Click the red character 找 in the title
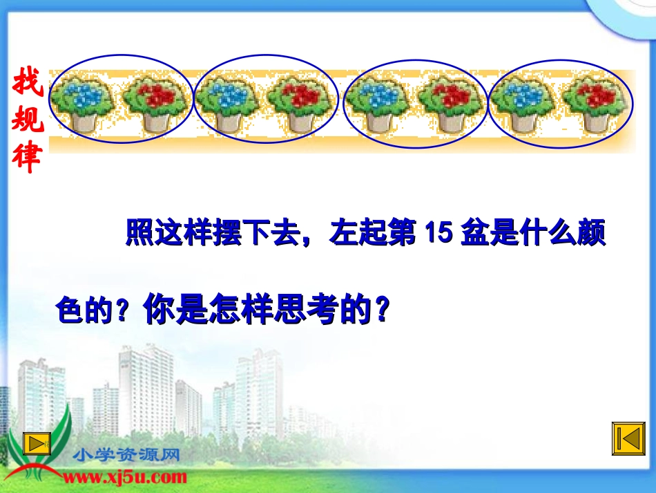click(x=28, y=85)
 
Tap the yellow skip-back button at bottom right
click(x=627, y=440)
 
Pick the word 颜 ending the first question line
click(x=591, y=234)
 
